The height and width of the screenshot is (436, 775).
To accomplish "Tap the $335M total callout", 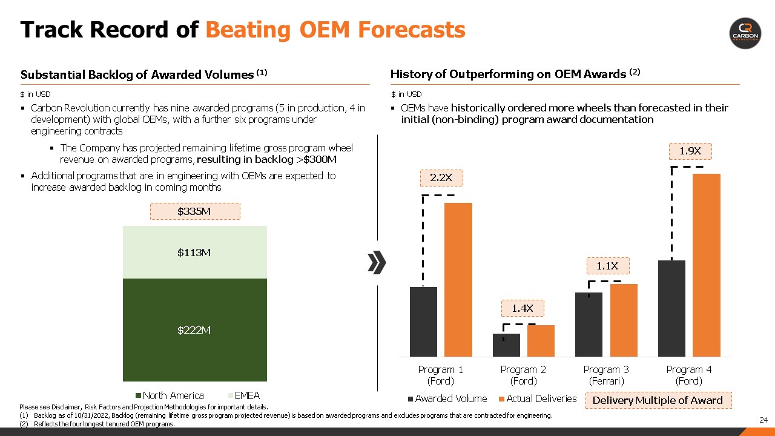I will (194, 211).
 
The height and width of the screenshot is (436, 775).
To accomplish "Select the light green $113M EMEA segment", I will (194, 253).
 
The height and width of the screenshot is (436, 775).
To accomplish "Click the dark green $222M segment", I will (194, 330).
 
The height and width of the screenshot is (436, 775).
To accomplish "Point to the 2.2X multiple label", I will (441, 177).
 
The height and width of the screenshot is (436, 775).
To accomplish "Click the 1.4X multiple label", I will (523, 308).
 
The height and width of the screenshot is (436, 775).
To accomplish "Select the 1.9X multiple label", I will (690, 151).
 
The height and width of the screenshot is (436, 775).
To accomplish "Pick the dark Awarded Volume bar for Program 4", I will (671, 308).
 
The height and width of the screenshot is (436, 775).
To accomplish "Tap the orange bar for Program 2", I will (541, 341).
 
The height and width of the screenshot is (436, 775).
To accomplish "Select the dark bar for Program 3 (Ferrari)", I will (589, 325).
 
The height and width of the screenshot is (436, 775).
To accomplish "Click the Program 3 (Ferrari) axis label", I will (606, 375).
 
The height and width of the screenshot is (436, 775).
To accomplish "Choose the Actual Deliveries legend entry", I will (537, 398).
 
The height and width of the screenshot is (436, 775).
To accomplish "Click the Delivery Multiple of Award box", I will (658, 400).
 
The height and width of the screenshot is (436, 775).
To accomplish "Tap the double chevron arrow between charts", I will (377, 262).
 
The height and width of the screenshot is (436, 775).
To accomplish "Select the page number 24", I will (763, 420).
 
